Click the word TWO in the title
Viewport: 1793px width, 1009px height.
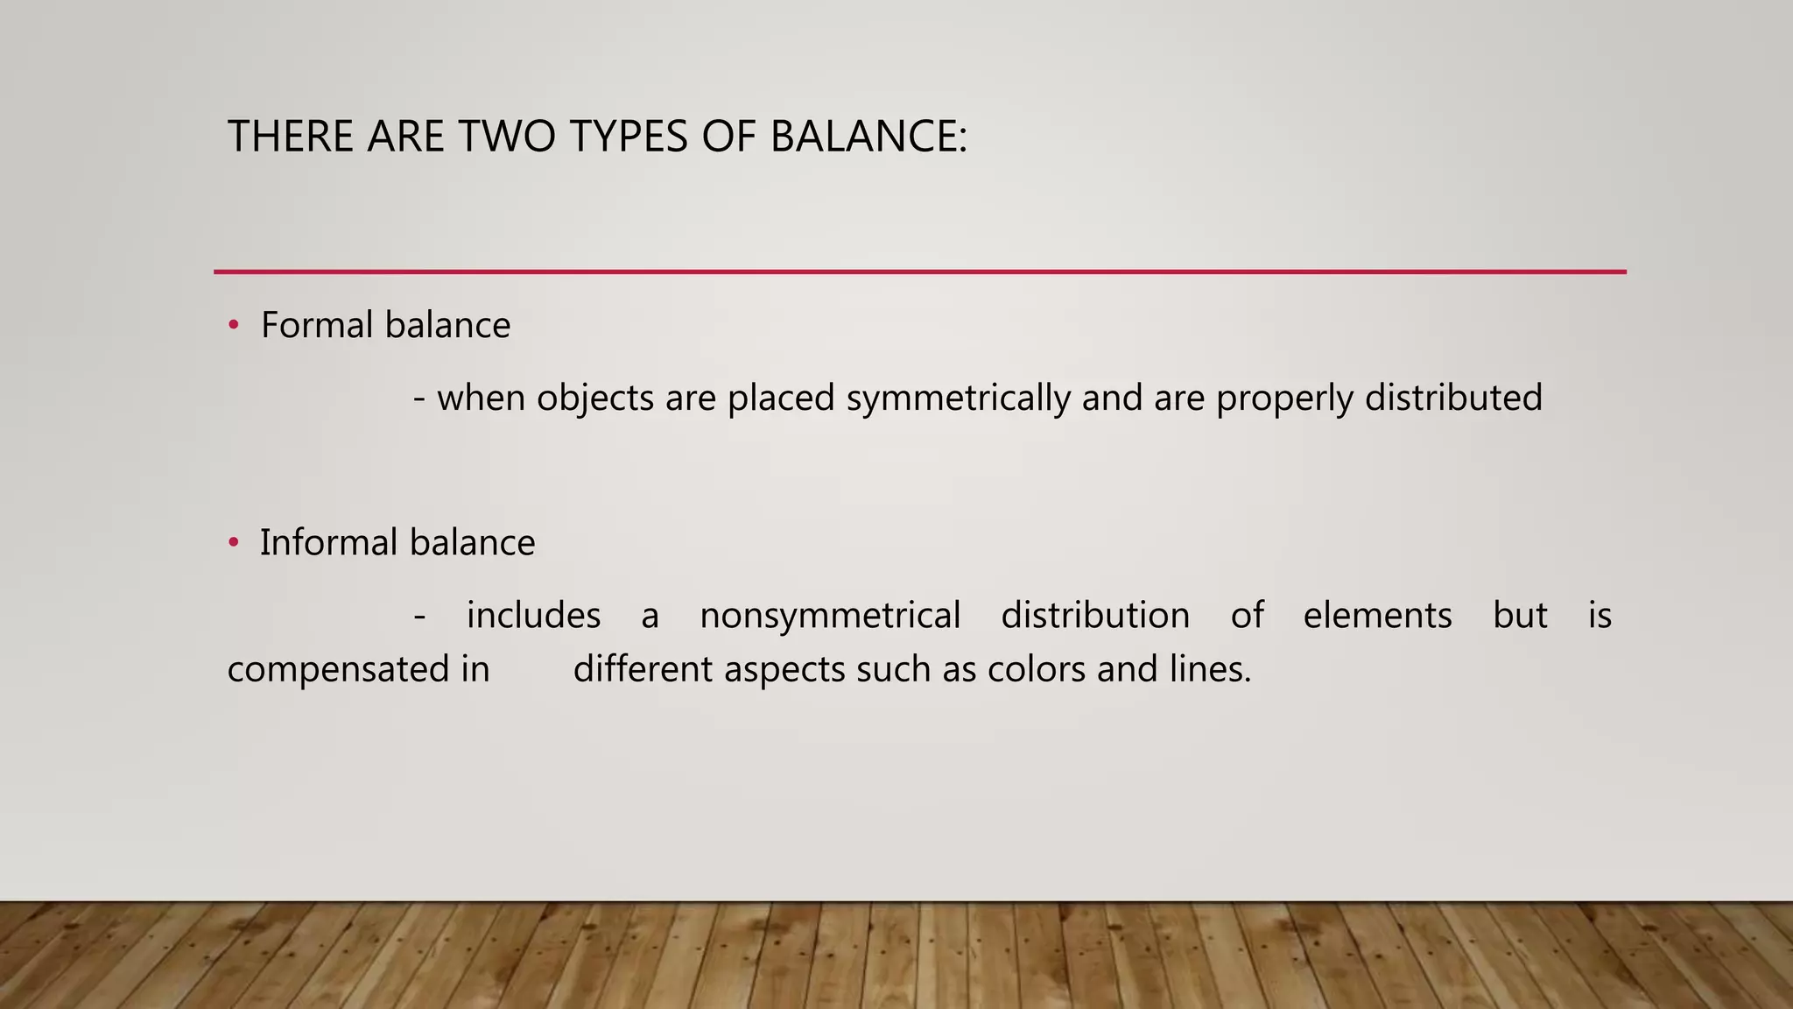point(507,137)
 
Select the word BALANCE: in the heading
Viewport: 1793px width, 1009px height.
point(868,137)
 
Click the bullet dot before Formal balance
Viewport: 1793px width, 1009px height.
point(233,326)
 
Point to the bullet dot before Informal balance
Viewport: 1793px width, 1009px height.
point(233,543)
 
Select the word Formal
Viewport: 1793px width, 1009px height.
point(317,326)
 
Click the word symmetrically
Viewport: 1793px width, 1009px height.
point(958,399)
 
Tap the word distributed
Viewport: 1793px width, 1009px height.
point(1453,399)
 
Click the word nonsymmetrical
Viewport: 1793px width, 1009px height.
point(830,616)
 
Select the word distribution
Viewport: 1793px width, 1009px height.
point(1095,616)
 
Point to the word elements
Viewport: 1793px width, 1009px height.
point(1377,616)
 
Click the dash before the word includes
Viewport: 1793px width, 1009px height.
point(420,617)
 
